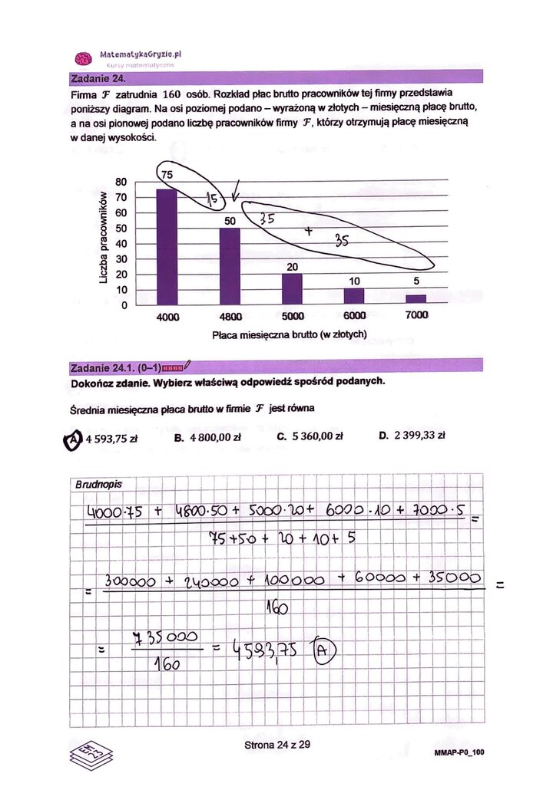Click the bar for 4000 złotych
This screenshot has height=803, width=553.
(167, 247)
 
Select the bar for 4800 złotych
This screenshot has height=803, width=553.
(230, 266)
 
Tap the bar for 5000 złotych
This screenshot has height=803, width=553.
(292, 289)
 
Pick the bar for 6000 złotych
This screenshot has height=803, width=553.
(354, 297)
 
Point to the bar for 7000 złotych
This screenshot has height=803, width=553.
(416, 300)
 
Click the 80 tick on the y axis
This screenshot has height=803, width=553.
(120, 183)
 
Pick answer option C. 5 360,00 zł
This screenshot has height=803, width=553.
(309, 437)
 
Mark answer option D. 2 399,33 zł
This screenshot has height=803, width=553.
(412, 436)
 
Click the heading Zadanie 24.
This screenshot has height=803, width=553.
(98, 78)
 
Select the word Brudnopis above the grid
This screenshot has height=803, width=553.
(98, 485)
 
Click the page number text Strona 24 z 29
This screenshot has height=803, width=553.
(277, 745)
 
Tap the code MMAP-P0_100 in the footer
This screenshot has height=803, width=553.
(459, 753)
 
